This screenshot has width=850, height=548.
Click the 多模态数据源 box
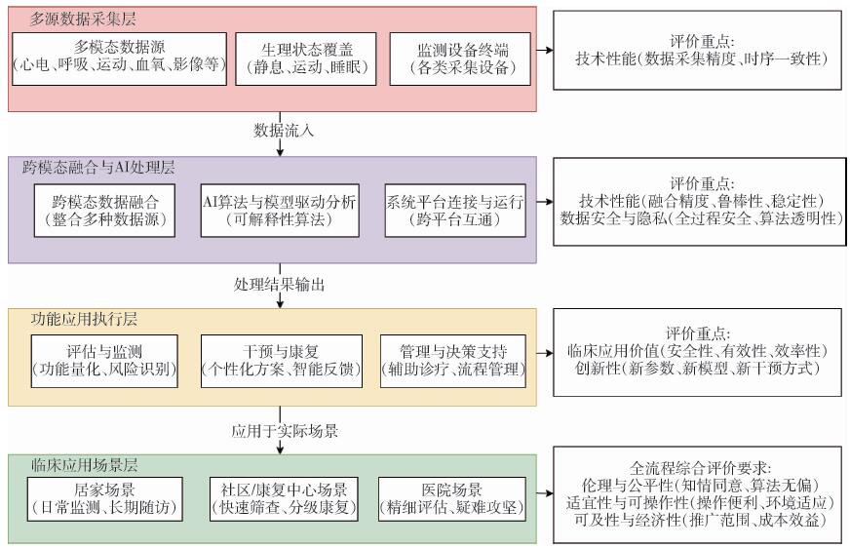point(119,58)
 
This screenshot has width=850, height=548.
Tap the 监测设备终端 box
point(460,58)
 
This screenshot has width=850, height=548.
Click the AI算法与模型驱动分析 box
point(279,210)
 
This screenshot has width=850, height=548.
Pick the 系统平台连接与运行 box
point(455,210)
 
